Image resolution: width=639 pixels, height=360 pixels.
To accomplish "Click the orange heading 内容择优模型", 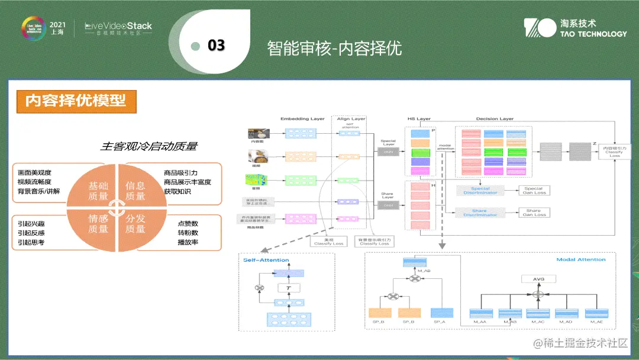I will [x=76, y=101].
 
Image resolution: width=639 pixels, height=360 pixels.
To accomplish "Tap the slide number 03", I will [x=215, y=46].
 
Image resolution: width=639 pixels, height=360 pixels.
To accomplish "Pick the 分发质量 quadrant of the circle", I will [x=135, y=223].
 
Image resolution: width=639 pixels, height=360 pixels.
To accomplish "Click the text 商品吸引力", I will [x=180, y=173].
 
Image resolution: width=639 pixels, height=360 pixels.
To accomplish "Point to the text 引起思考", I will [x=31, y=242].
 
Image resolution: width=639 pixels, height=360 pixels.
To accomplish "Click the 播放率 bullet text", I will [x=188, y=242].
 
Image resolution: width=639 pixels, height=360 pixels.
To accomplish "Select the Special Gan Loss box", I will [x=533, y=191].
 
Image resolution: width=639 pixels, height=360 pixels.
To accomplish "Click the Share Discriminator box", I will [x=480, y=213].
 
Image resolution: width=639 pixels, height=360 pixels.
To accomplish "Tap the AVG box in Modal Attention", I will [x=537, y=279].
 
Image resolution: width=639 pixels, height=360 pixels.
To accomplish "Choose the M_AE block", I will [x=596, y=314].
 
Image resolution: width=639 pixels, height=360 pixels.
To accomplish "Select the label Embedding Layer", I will [x=302, y=119].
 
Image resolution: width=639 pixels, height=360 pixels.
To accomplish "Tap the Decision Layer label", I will [x=495, y=119].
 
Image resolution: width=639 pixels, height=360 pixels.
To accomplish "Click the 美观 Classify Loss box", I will [x=329, y=242].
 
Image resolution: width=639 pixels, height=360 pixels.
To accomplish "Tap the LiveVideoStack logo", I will [x=118, y=27].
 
